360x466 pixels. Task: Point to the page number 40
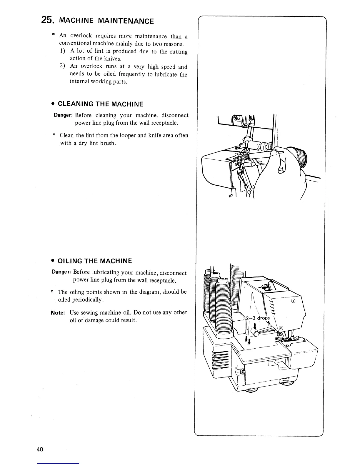(40, 450)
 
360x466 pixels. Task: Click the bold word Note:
(58, 313)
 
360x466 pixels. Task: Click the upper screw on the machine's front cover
(293, 301)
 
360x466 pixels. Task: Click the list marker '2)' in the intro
(63, 66)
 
